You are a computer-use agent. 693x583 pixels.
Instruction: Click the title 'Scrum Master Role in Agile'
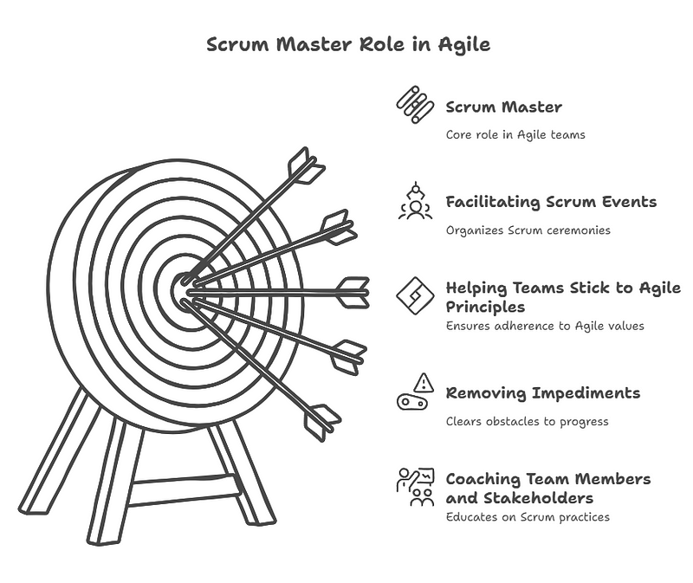[347, 44]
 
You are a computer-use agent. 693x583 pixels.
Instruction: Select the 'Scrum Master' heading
[503, 107]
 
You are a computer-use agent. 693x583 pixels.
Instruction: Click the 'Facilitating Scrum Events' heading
[551, 202]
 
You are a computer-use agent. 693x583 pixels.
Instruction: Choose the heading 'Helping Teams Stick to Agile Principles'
[563, 297]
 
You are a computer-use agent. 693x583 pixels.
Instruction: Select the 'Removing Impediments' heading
[542, 392]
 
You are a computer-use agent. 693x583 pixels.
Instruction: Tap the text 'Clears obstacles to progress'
[527, 421]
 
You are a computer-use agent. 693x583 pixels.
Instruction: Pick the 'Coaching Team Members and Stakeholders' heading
[547, 488]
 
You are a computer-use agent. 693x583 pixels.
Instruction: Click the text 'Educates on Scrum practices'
[528, 516]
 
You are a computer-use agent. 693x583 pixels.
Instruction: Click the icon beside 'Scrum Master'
[415, 105]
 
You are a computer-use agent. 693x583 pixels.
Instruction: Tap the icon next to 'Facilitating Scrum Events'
[415, 201]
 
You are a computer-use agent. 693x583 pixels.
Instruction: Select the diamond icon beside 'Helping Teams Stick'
[415, 295]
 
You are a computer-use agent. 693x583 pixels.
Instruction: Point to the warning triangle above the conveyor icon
[424, 382]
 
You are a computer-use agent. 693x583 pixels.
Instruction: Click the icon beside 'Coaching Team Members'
[415, 487]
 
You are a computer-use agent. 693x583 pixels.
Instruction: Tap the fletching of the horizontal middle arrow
[352, 292]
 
